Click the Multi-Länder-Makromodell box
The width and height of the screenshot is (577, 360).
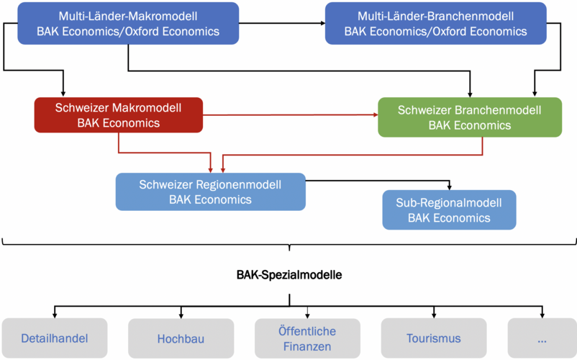(128, 24)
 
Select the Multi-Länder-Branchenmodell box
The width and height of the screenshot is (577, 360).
(436, 24)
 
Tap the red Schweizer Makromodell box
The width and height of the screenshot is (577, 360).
(119, 115)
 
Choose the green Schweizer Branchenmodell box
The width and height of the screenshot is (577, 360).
(470, 117)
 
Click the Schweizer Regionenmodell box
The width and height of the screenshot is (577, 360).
(211, 192)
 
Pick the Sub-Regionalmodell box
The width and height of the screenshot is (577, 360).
(450, 210)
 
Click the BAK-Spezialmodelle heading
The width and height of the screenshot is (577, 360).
(289, 275)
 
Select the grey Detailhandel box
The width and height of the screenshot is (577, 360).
(55, 338)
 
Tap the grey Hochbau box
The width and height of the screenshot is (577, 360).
(181, 338)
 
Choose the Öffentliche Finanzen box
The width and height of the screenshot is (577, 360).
(307, 338)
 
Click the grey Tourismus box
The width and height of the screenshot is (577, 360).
(434, 338)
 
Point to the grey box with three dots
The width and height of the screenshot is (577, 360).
(542, 338)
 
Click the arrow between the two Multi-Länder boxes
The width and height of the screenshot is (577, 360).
(282, 23)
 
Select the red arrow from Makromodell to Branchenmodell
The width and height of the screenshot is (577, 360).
(291, 115)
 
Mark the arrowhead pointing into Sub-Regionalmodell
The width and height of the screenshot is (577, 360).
(450, 187)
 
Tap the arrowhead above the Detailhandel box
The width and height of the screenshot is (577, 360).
(55, 315)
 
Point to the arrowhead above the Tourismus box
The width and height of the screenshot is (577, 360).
(434, 315)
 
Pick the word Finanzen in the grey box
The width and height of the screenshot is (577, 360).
(307, 346)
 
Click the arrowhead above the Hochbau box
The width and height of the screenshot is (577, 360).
(181, 315)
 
